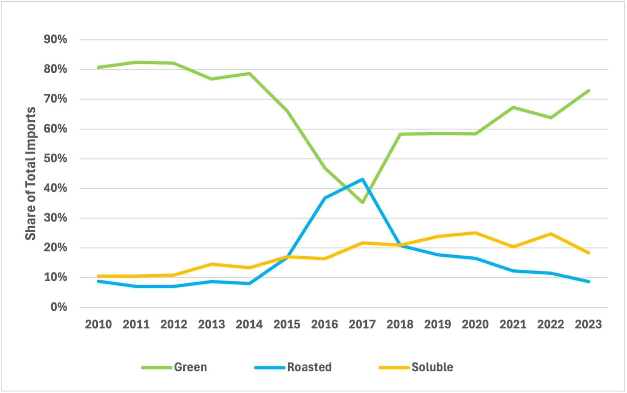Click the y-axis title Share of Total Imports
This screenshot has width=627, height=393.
(x=31, y=174)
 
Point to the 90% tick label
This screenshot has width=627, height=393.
(x=55, y=40)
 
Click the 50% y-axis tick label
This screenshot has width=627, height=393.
(x=55, y=159)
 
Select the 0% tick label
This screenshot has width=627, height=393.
(x=59, y=307)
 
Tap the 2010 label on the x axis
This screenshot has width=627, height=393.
(x=98, y=324)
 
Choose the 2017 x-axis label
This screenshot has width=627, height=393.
(x=362, y=324)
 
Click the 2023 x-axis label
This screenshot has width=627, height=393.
(x=588, y=324)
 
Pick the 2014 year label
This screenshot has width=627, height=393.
(x=249, y=324)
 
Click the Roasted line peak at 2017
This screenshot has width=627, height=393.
(x=362, y=179)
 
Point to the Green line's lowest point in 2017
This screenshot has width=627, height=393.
(x=362, y=203)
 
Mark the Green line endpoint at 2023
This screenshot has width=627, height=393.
(x=588, y=91)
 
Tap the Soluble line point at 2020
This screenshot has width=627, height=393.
(x=475, y=233)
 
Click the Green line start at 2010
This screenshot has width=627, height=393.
(x=98, y=67)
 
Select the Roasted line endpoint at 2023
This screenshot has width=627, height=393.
(x=588, y=282)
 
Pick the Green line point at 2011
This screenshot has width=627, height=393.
(x=136, y=62)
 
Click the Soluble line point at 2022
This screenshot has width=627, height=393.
(x=551, y=234)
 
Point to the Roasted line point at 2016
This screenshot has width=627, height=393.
(x=325, y=198)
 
